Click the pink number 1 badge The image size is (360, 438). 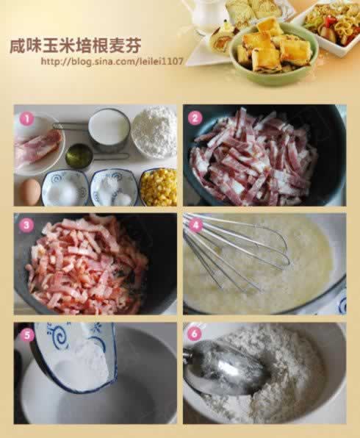pyautogui.click(x=26, y=119)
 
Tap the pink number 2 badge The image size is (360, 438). pyautogui.click(x=195, y=118)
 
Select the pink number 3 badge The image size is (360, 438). pyautogui.click(x=26, y=226)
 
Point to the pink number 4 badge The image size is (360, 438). pyautogui.click(x=195, y=225)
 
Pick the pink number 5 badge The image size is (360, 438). pyautogui.click(x=26, y=335)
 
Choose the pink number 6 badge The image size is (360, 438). pyautogui.click(x=195, y=334)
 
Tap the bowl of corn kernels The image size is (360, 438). pyautogui.click(x=158, y=187)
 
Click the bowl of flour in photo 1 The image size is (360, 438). pyautogui.click(x=154, y=132)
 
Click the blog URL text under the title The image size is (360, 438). pyautogui.click(x=112, y=61)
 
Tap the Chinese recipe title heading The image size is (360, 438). pyautogui.click(x=75, y=46)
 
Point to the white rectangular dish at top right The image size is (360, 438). pyautogui.click(x=330, y=27)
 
